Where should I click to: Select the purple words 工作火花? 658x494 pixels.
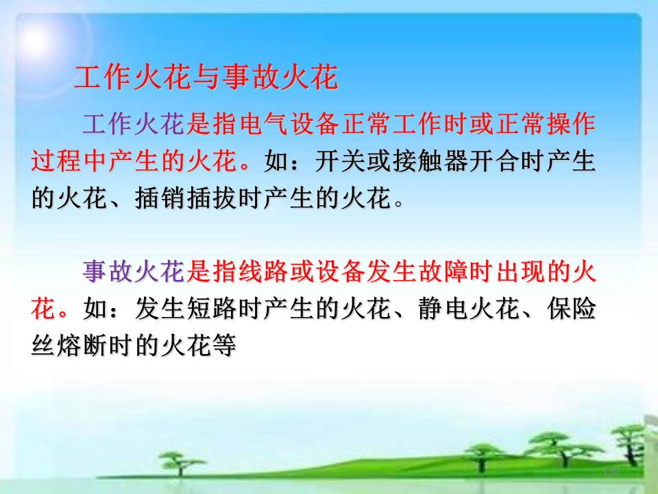tap(134, 124)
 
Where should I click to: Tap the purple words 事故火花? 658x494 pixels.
tap(134, 271)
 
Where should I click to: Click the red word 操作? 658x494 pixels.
tap(571, 124)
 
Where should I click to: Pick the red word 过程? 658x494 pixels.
tap(56, 161)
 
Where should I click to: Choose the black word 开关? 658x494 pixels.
tap(341, 161)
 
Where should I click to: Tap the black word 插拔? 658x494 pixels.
tap(212, 198)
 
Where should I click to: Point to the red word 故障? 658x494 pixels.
tap(442, 271)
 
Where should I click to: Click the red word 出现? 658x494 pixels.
tap(520, 271)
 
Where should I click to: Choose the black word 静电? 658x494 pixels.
tap(443, 309)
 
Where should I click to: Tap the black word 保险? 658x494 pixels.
tap(571, 309)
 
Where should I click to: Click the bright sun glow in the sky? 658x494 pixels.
tap(38, 40)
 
